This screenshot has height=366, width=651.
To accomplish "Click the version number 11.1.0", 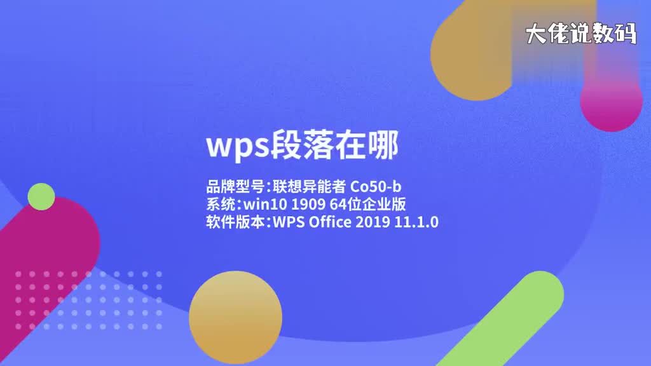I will tap(418, 222).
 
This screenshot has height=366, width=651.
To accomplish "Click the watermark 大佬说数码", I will tap(580, 34).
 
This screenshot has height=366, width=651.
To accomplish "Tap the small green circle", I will tap(41, 196).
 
